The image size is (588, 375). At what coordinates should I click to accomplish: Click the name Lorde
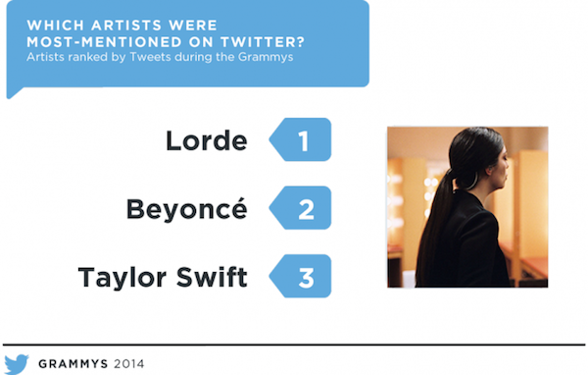(x=206, y=140)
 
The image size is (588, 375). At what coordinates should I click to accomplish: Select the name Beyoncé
(x=187, y=209)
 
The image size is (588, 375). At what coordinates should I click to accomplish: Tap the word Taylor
(x=122, y=279)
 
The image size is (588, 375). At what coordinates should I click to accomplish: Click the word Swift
(x=212, y=277)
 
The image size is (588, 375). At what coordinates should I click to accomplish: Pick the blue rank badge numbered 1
(x=300, y=139)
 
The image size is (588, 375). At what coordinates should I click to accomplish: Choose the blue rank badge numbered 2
(x=300, y=208)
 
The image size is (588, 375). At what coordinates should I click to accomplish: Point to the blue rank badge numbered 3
(x=300, y=276)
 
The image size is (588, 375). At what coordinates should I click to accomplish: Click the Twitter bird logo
(x=17, y=364)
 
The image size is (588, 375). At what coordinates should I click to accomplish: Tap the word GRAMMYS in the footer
(x=73, y=364)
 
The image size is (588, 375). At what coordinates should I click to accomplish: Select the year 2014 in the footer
(x=129, y=364)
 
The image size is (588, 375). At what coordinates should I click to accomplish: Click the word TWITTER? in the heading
(x=263, y=41)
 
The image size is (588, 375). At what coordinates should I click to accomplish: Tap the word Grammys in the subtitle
(x=266, y=58)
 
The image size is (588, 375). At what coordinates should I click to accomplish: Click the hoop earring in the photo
(x=473, y=181)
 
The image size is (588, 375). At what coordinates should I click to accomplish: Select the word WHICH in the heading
(x=56, y=26)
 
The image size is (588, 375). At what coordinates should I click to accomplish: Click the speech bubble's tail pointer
(x=15, y=92)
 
